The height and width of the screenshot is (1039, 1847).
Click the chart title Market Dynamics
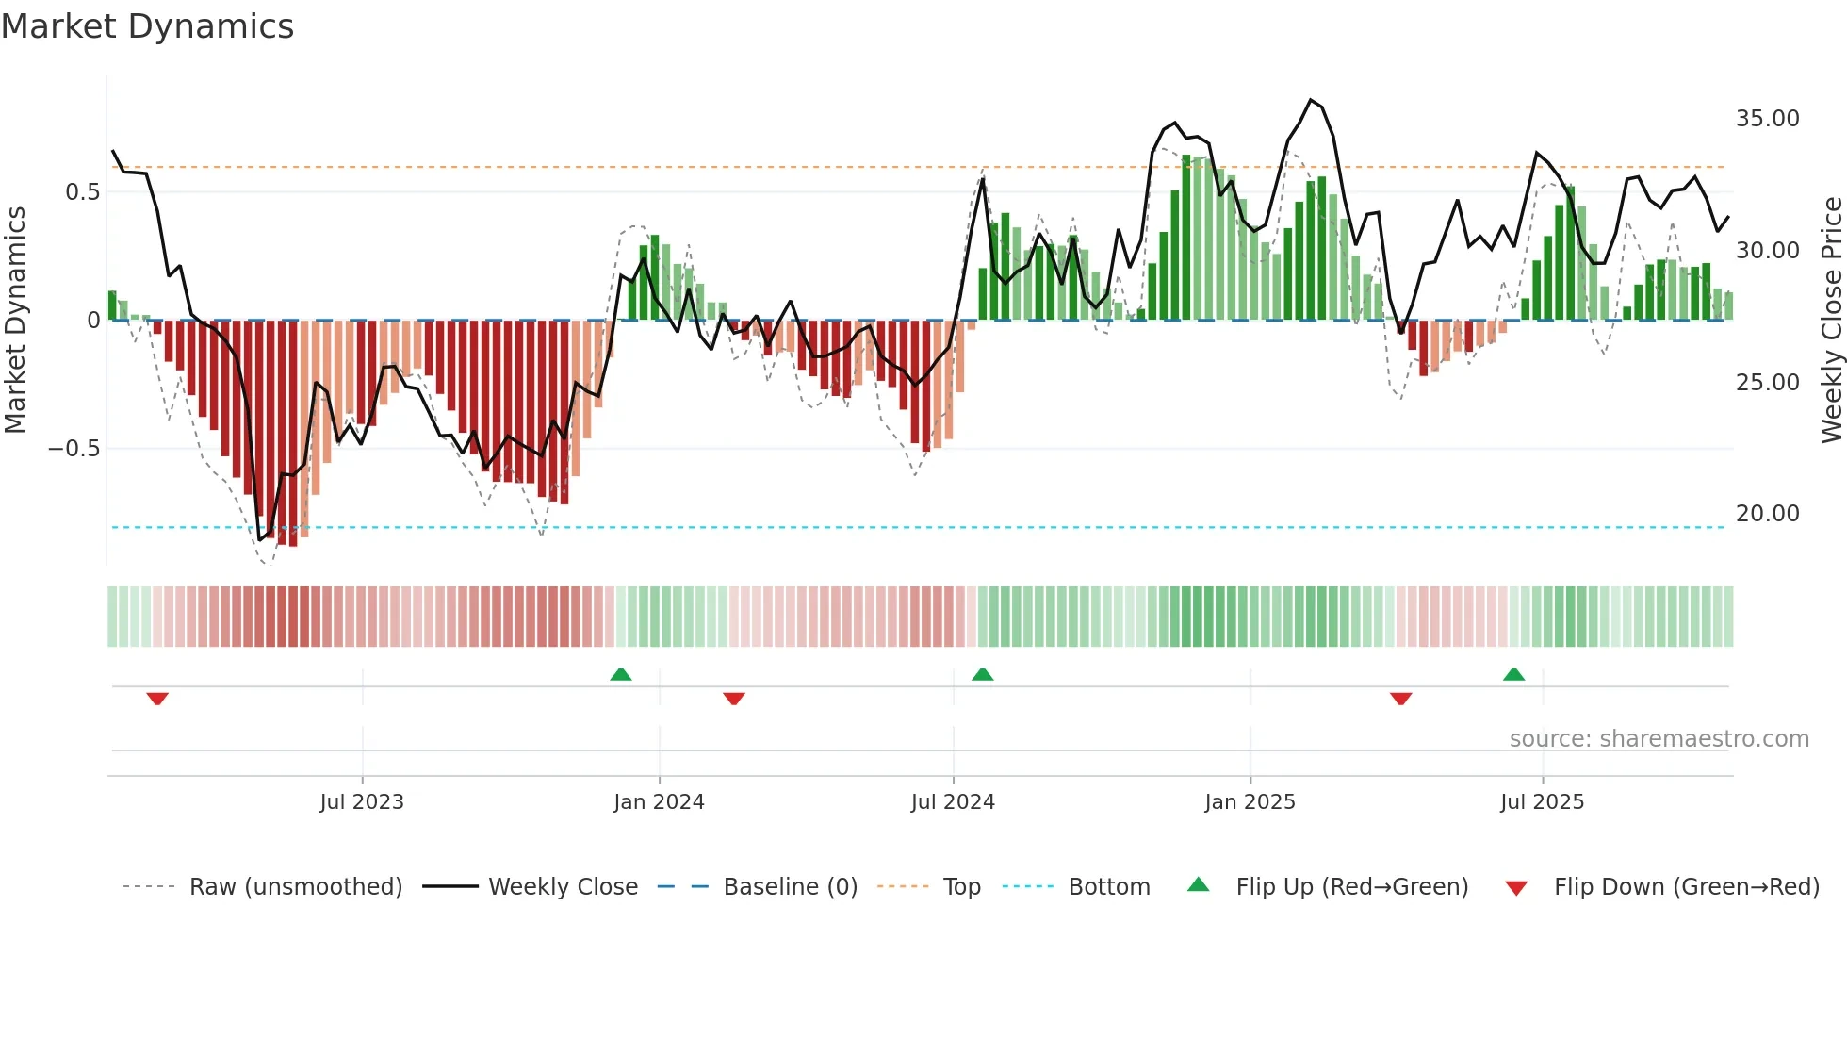(148, 26)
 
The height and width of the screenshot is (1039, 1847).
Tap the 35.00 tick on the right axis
(1767, 119)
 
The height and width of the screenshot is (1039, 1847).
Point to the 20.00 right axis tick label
(1767, 514)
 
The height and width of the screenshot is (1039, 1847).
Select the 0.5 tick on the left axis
(82, 192)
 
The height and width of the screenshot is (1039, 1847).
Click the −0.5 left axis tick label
(74, 449)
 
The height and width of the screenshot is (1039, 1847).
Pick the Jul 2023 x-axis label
(362, 802)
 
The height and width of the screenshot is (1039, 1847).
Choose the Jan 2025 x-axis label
(1250, 802)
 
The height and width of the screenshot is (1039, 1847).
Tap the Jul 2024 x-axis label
(953, 802)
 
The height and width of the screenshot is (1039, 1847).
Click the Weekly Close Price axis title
(1831, 320)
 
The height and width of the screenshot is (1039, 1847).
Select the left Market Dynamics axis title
(15, 320)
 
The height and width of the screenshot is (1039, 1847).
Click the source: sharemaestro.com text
(1659, 739)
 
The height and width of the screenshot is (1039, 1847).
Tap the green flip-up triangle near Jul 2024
(982, 674)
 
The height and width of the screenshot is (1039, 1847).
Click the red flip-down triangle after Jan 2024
(734, 699)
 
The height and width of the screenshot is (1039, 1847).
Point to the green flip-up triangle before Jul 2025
(1513, 674)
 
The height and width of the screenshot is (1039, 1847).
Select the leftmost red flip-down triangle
(157, 699)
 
